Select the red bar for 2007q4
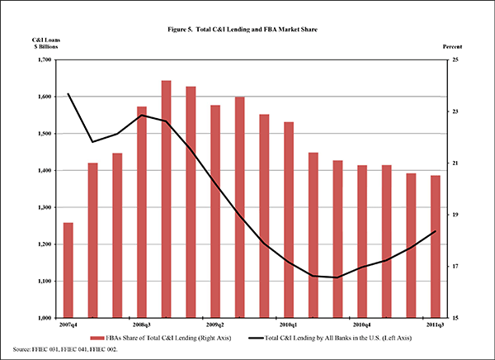(x=68, y=270)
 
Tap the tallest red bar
(x=166, y=198)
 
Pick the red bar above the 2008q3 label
(x=141, y=211)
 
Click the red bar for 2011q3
(x=435, y=246)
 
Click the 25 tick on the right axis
(x=456, y=60)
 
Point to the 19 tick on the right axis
(x=456, y=215)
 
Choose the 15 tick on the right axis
(x=456, y=318)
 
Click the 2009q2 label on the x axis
(x=214, y=325)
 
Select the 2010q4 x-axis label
(x=361, y=325)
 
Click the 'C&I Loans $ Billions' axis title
(x=45, y=44)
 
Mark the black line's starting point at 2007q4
(x=68, y=94)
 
